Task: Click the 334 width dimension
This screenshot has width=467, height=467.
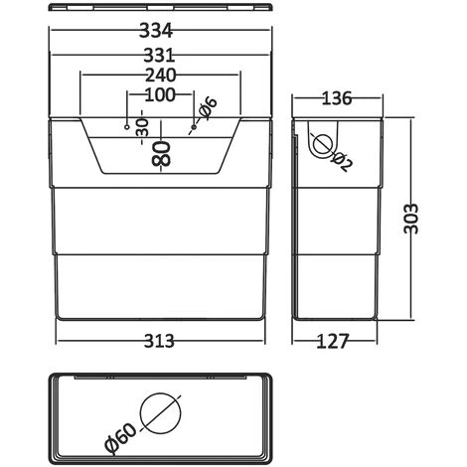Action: (x=156, y=31)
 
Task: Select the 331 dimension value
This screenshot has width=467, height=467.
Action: (x=159, y=56)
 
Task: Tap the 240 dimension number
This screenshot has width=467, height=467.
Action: (x=161, y=76)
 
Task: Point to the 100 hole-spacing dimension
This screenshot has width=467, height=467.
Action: (x=160, y=94)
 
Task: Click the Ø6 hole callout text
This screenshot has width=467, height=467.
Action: (x=209, y=108)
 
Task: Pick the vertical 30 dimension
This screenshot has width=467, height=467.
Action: (x=142, y=127)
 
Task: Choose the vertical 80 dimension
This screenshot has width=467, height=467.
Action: (x=161, y=153)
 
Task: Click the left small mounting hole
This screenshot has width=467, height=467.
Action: (x=126, y=127)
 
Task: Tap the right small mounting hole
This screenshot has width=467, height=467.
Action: (x=194, y=127)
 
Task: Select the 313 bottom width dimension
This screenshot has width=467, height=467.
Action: (x=159, y=341)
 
